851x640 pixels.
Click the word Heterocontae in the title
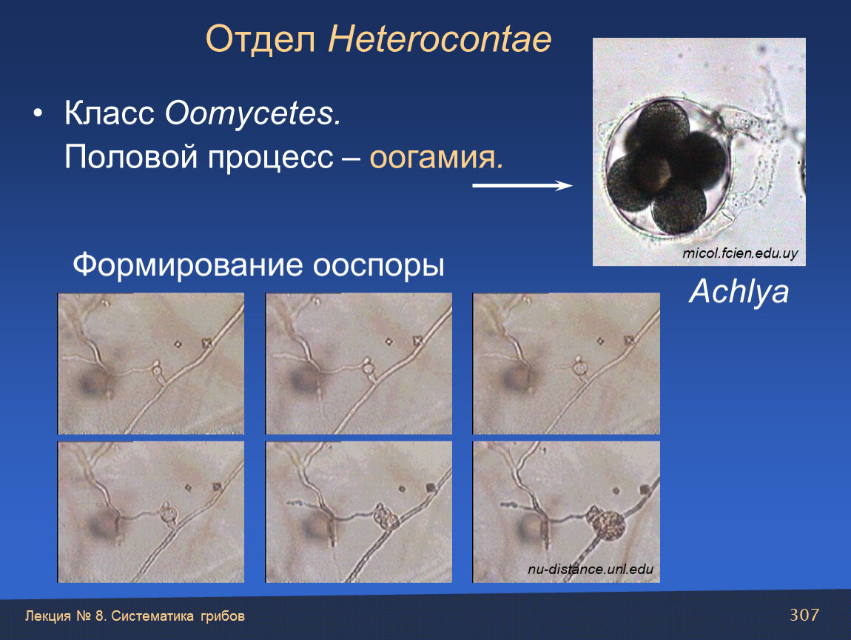440,39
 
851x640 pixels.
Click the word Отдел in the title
260,40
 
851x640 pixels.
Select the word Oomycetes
253,113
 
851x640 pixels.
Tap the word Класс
110,113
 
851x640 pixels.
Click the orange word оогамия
437,158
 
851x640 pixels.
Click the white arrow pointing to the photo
522,186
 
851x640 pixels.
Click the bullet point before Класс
38,113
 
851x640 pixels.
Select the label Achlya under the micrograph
739,292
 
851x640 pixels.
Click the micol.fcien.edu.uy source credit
740,253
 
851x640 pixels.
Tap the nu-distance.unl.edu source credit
591,570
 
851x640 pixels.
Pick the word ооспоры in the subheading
379,266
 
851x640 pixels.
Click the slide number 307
804,615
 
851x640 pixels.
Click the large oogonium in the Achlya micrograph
667,167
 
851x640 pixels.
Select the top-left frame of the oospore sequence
151,364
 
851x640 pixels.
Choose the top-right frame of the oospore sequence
566,364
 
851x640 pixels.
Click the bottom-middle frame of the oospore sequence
359,512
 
